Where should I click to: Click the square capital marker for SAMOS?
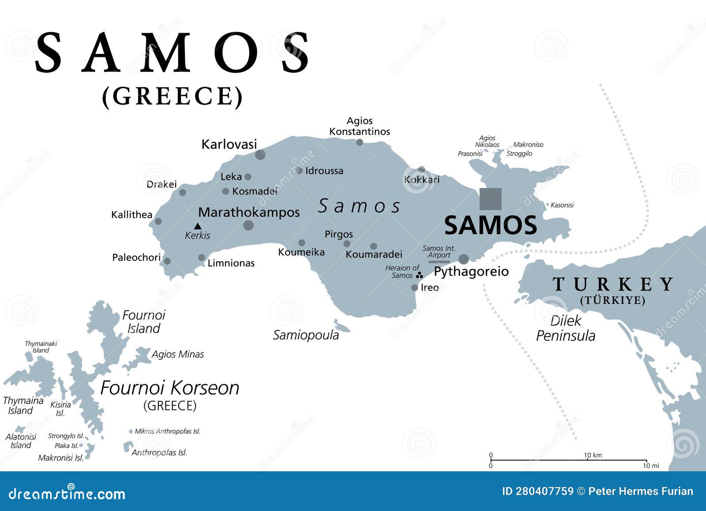point(490,199)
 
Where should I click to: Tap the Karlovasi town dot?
point(260,154)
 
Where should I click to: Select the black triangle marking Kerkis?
point(198,226)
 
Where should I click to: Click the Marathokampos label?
point(249,212)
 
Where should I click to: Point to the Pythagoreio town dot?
point(464,259)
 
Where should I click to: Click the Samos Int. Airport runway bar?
point(439,262)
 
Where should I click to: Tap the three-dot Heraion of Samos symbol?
point(420,275)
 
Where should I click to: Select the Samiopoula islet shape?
point(342,327)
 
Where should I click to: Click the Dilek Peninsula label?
point(565,328)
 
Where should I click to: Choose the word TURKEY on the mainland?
point(613,284)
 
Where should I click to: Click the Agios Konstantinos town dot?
point(360,142)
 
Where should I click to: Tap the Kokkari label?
point(422,180)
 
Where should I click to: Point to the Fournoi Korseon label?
point(170,388)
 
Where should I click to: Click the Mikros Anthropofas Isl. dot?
point(131,432)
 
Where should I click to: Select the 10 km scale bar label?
point(593,455)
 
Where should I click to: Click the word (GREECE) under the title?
point(173,96)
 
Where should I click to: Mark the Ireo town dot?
point(414,288)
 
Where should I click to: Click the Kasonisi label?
point(562,205)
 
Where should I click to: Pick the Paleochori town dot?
point(167,261)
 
